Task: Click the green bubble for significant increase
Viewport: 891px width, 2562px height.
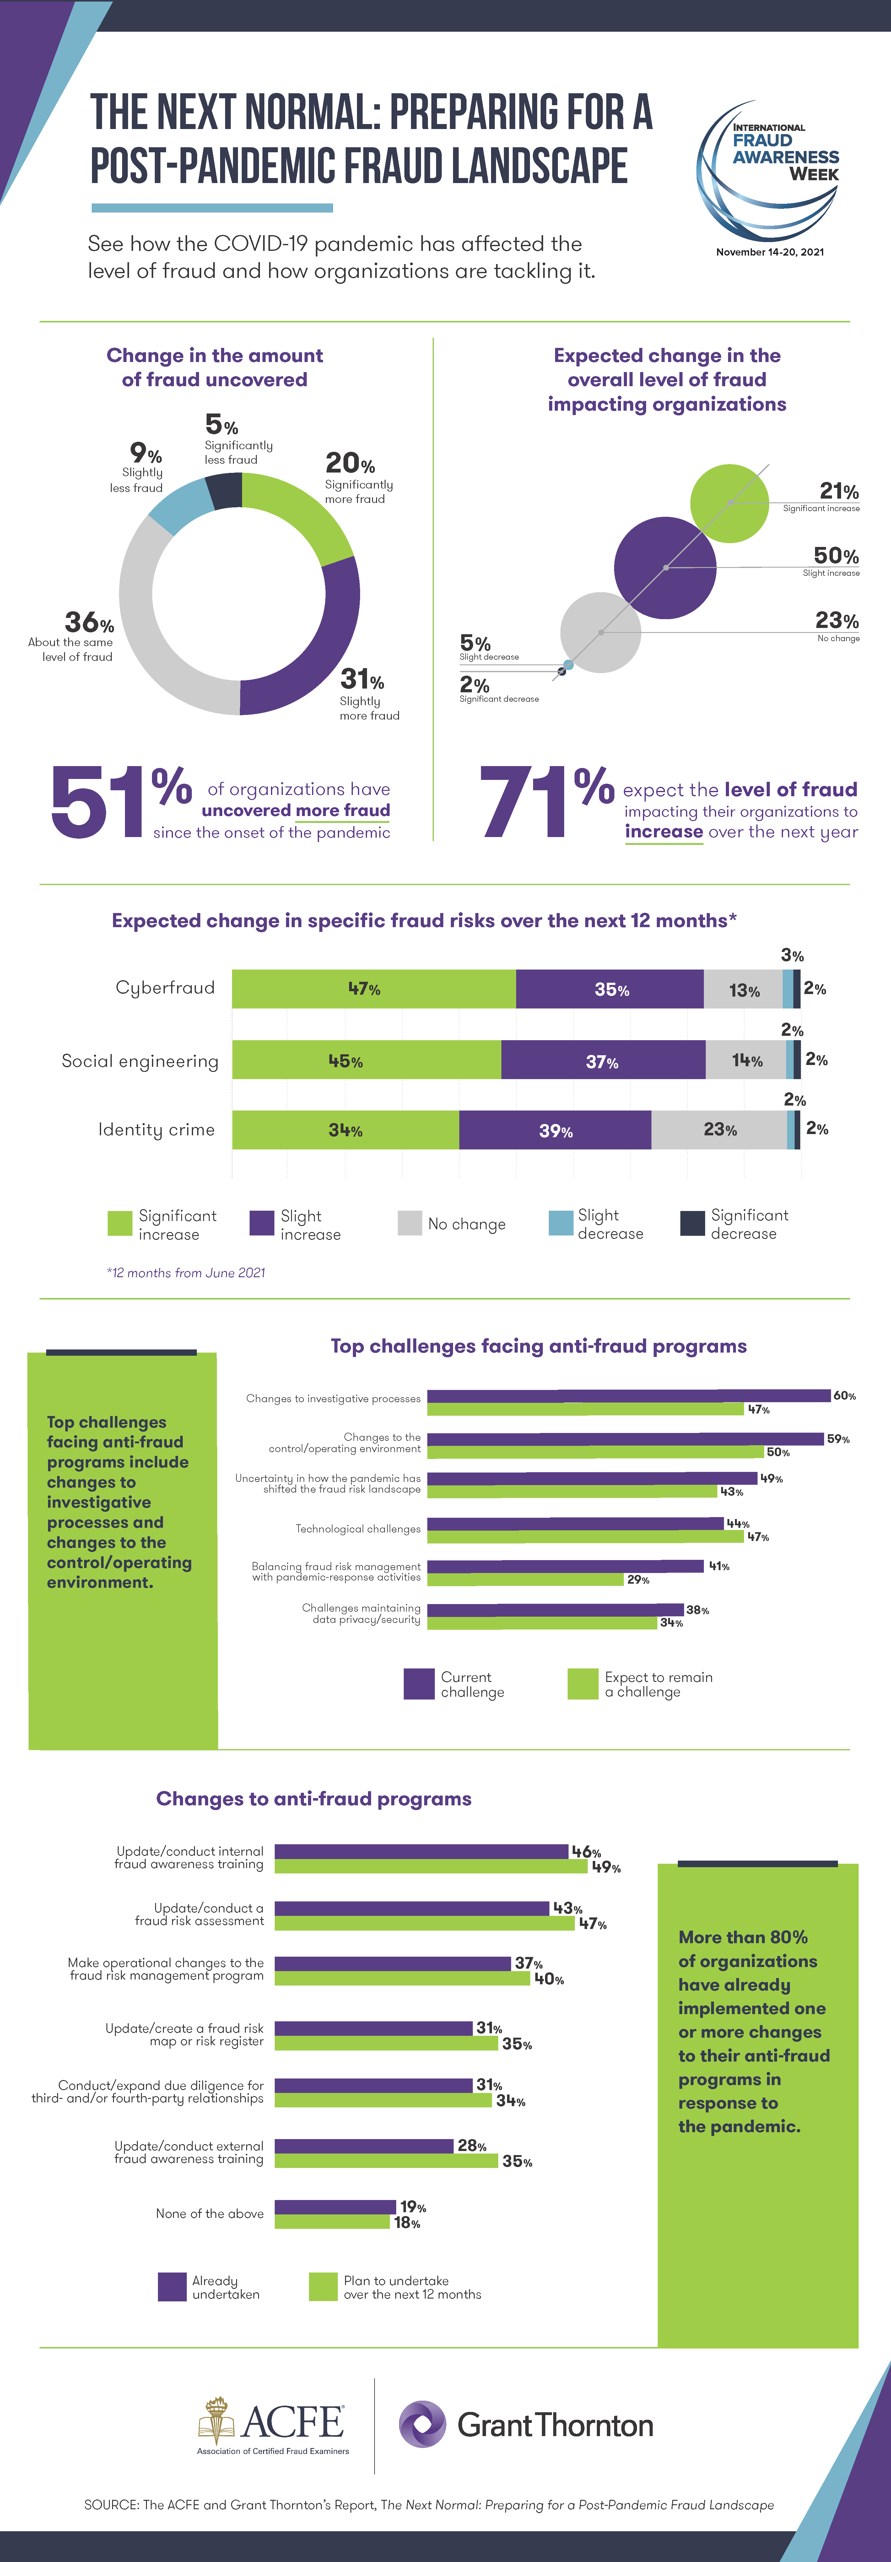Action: [730, 503]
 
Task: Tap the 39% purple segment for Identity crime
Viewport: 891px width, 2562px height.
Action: [555, 1130]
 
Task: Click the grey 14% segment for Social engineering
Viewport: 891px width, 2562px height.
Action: [746, 1060]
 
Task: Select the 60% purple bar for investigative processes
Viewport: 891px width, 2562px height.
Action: [629, 1395]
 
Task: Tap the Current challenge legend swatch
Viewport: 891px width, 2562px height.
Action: [418, 1684]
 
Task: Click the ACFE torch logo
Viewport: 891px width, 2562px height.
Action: [217, 2419]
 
